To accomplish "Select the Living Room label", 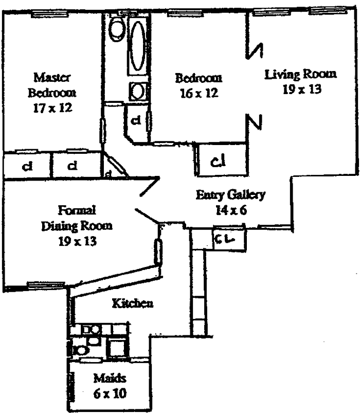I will pos(301,74).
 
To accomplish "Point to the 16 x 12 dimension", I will pos(198,93).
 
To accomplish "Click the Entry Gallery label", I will pos(230,195).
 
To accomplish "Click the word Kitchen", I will pos(132,303).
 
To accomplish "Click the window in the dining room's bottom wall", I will pos(46,284).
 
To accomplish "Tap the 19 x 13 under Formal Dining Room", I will pos(77,240).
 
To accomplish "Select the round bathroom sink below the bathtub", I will pos(137,92).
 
